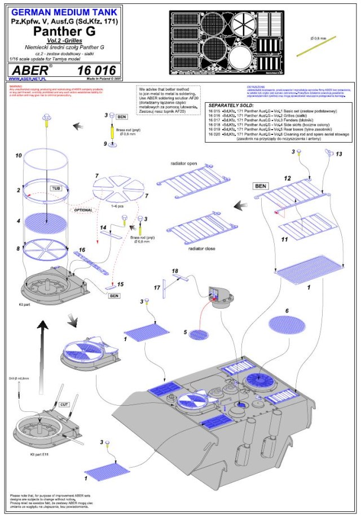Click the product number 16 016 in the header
click(x=98, y=71)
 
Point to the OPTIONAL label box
click(x=82, y=209)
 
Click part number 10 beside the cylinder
click(x=19, y=155)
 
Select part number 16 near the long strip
click(x=82, y=250)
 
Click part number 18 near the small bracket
click(x=175, y=271)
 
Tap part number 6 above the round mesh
click(x=287, y=311)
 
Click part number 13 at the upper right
click(x=338, y=154)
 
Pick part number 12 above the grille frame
click(x=287, y=178)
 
